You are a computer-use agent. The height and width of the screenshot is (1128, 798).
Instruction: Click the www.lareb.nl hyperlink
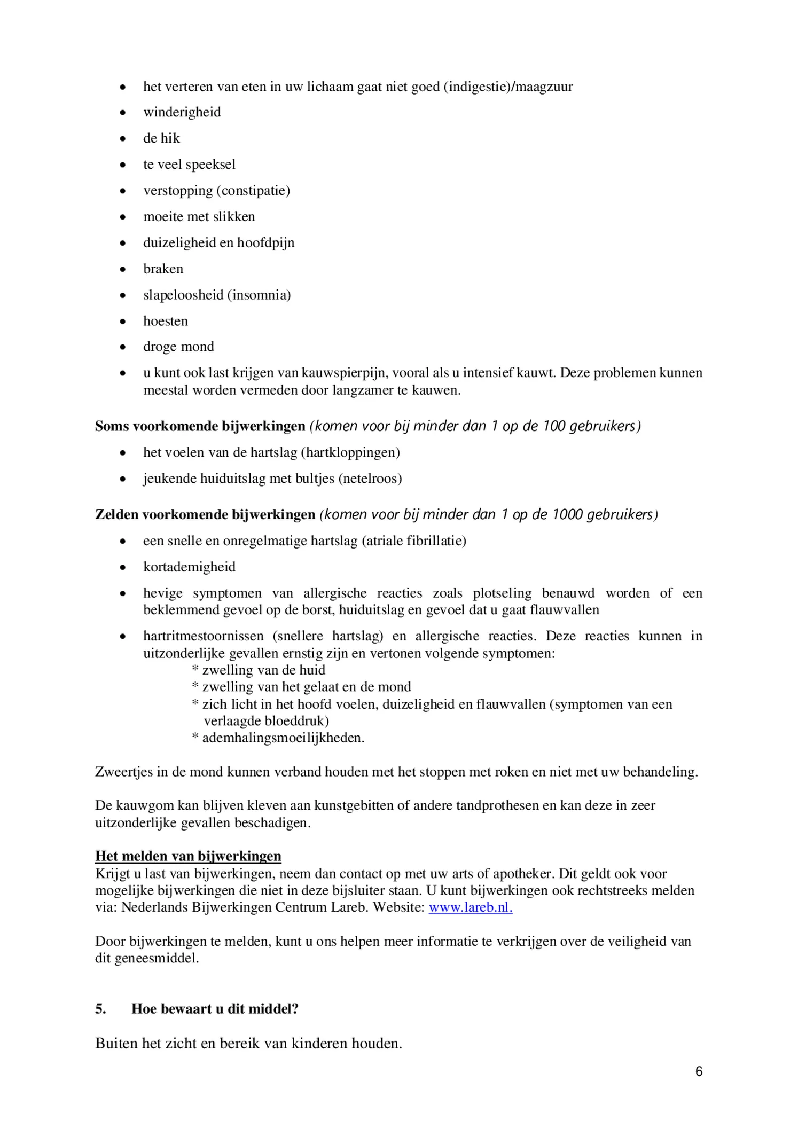(470, 907)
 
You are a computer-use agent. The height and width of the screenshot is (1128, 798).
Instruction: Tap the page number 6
(699, 1071)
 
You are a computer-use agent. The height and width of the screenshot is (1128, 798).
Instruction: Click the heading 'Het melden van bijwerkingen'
(188, 856)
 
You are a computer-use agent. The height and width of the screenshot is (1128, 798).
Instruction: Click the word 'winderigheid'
(182, 112)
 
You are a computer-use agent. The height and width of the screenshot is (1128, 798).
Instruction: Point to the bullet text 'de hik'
(161, 138)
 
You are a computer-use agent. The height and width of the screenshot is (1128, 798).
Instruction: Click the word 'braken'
(163, 269)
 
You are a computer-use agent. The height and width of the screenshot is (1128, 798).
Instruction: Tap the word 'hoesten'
(166, 321)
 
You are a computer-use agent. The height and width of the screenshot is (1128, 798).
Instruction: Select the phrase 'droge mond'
(178, 347)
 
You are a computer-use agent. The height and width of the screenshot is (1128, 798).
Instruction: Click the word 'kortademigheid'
(189, 567)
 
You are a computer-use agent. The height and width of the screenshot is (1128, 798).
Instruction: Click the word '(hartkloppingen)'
(350, 452)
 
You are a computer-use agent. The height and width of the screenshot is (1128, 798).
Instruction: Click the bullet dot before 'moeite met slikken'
(123, 217)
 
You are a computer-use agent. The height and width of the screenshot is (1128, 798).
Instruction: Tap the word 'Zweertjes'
(123, 772)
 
